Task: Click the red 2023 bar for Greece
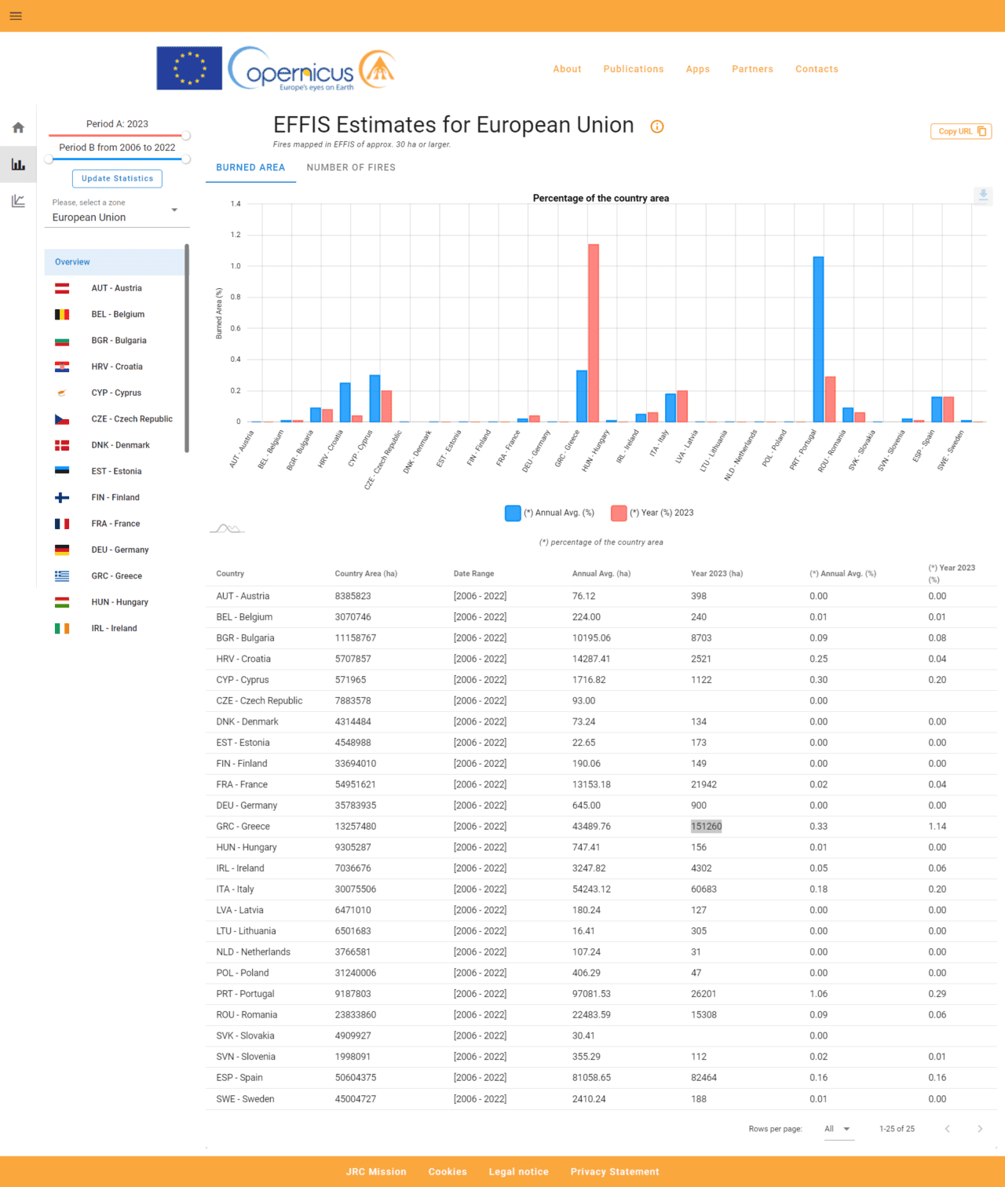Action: [x=594, y=334]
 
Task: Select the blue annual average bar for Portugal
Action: [x=818, y=339]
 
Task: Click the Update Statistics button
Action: [x=117, y=178]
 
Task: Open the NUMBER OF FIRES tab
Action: [x=351, y=167]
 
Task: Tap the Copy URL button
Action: [x=960, y=131]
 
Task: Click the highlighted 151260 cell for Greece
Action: [x=706, y=826]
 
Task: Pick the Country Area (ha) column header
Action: [x=366, y=574]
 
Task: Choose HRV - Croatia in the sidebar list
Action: [x=117, y=367]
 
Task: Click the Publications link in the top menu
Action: [x=634, y=69]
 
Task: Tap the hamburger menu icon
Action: [x=16, y=16]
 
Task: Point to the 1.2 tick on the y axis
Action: [x=236, y=235]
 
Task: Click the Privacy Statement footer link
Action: [x=615, y=1171]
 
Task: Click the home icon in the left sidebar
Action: [x=18, y=128]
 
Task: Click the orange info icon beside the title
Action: [x=657, y=126]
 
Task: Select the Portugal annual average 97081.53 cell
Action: [x=591, y=994]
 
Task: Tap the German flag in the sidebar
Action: [x=62, y=550]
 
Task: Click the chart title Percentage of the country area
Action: [x=601, y=198]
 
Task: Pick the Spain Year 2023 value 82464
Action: [x=703, y=1078]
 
